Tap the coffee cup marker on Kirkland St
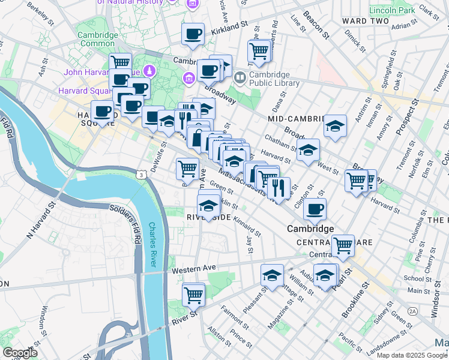click(x=193, y=35)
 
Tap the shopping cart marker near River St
click(x=193, y=295)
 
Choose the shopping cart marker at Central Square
click(x=343, y=245)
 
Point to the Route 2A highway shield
click(x=412, y=311)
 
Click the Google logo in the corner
click(x=20, y=353)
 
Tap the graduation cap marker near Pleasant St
click(x=272, y=275)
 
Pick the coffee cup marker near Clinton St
click(x=315, y=209)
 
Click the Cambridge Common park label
click(x=97, y=40)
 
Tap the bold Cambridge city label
click(x=310, y=229)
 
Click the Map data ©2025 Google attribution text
click(x=412, y=355)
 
